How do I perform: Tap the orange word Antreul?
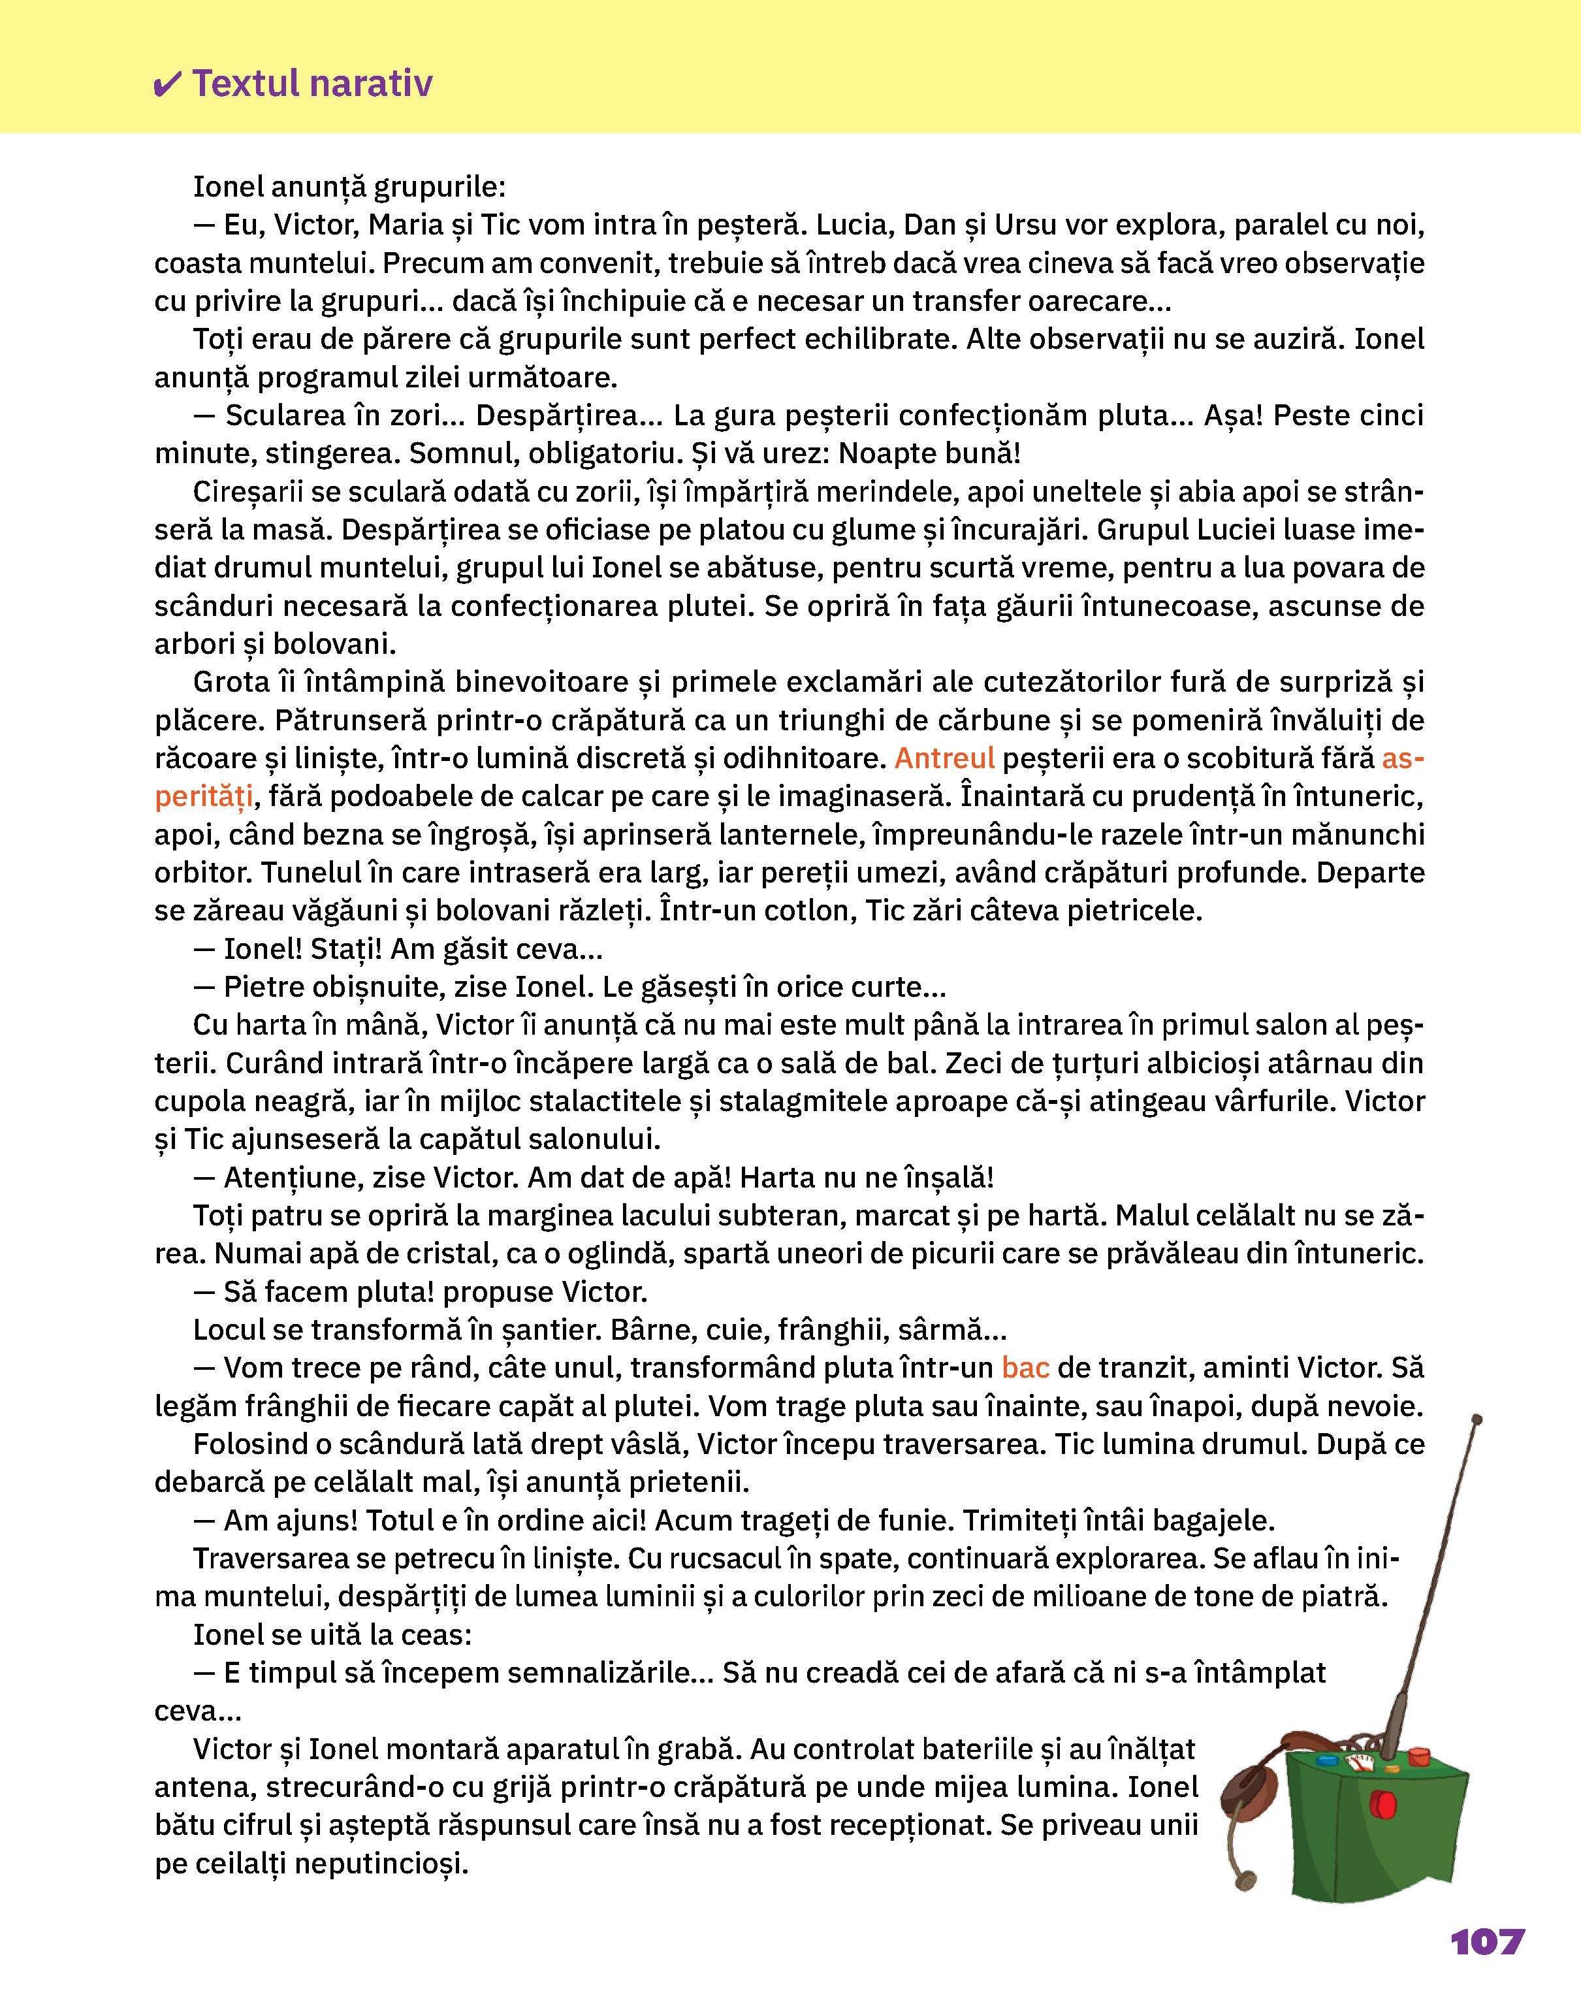(944, 758)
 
